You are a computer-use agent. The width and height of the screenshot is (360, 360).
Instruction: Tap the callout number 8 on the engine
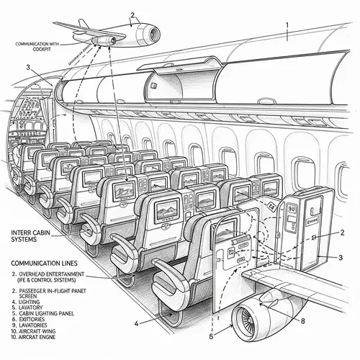(303, 322)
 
